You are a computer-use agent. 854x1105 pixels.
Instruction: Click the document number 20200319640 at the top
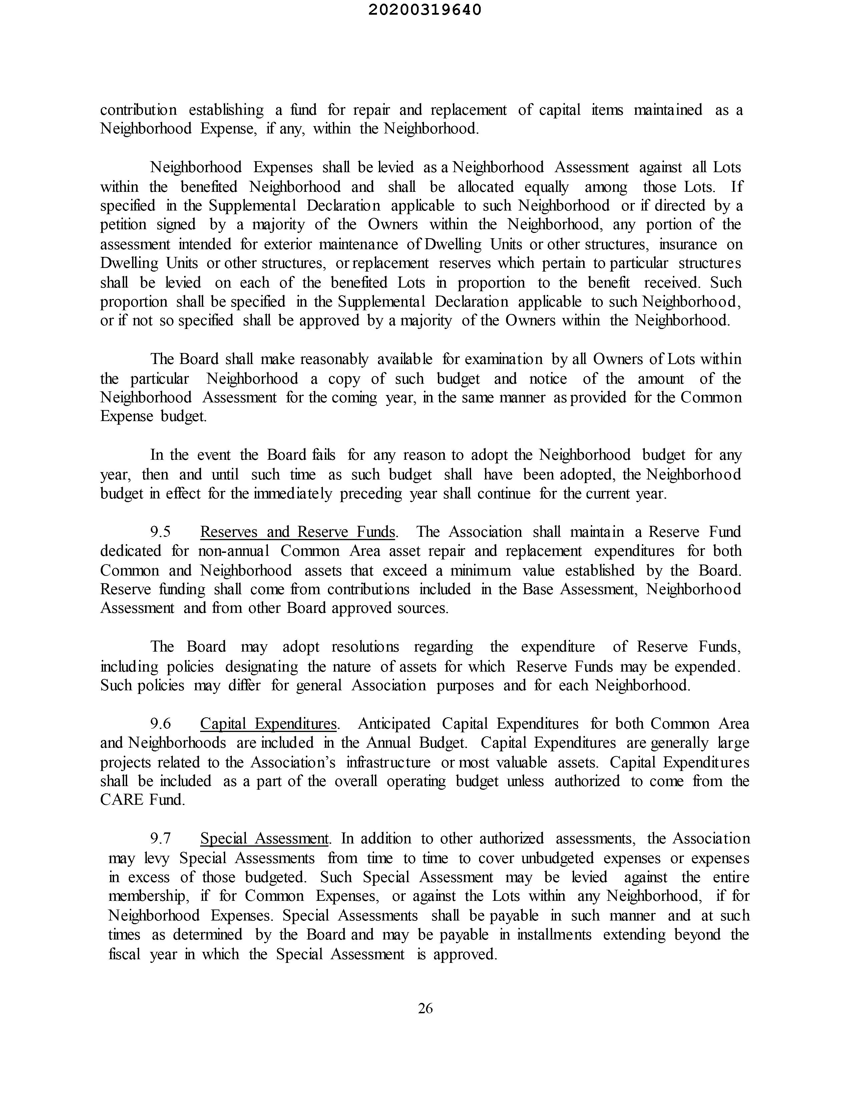point(425,10)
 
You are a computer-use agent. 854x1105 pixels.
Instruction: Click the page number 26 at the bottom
point(425,1008)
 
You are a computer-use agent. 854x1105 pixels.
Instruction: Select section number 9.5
point(160,532)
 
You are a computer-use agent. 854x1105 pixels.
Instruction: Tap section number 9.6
point(160,724)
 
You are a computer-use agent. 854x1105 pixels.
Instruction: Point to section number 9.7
point(160,838)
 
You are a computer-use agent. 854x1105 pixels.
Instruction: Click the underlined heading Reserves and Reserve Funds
point(298,532)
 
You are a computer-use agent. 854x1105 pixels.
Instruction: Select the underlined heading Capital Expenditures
point(268,724)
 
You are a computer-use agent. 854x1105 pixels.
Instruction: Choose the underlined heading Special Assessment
point(265,838)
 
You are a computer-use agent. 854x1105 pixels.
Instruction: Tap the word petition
point(123,224)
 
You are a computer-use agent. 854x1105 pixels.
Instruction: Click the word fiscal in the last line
point(124,954)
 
